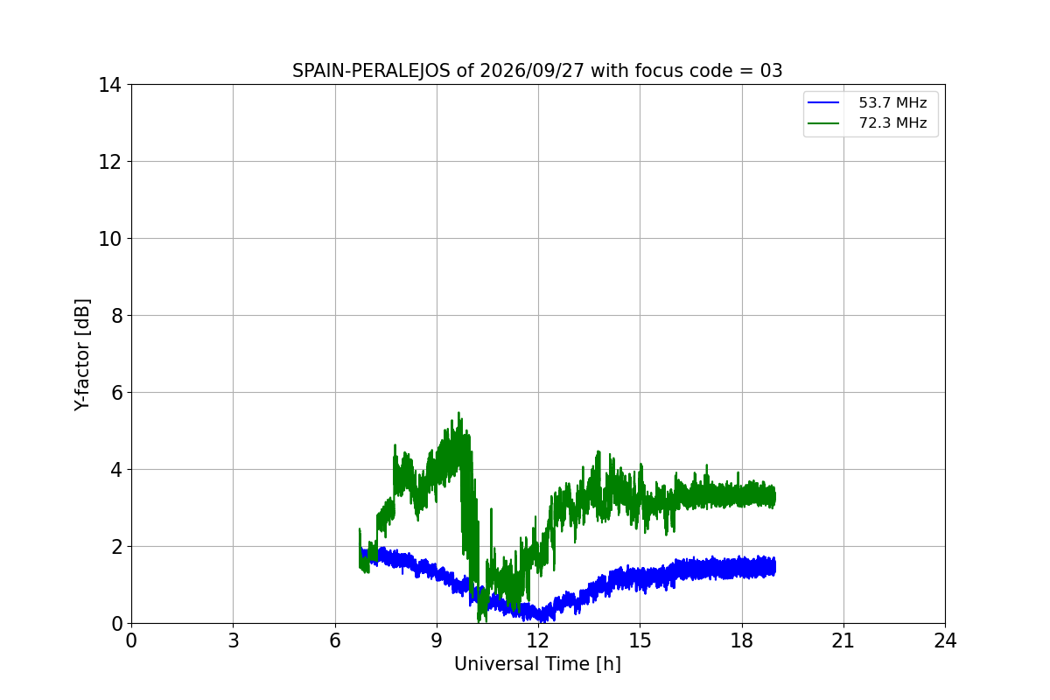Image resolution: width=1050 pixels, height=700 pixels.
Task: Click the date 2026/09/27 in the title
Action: click(532, 71)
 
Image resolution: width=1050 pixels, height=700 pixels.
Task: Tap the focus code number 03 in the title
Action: click(771, 71)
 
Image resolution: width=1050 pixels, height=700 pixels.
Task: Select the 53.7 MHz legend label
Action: click(892, 102)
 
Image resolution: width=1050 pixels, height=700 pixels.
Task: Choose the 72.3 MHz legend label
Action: click(892, 122)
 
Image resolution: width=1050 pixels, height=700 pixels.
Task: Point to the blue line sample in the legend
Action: click(823, 102)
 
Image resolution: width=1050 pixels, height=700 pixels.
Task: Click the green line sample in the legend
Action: click(823, 123)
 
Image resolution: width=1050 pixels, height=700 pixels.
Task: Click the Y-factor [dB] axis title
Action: click(82, 355)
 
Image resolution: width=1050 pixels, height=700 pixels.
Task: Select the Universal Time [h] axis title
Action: click(537, 664)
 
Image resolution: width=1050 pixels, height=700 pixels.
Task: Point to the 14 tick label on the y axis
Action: click(109, 86)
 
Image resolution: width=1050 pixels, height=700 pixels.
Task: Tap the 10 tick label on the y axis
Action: click(109, 239)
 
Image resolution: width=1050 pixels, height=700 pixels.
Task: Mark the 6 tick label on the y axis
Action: click(116, 393)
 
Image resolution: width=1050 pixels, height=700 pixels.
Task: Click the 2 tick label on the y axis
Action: click(116, 547)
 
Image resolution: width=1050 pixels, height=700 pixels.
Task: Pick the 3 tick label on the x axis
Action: click(234, 640)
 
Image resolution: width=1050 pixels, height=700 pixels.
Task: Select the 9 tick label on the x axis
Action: click(437, 640)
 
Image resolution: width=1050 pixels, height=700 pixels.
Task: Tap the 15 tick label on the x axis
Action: click(640, 640)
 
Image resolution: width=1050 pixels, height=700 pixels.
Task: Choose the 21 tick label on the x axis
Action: click(843, 640)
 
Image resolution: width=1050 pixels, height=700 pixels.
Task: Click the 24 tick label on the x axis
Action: click(945, 640)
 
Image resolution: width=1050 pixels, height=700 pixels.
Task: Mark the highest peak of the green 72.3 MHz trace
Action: click(458, 413)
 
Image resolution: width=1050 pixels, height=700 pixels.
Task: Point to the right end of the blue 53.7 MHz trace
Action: click(775, 568)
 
